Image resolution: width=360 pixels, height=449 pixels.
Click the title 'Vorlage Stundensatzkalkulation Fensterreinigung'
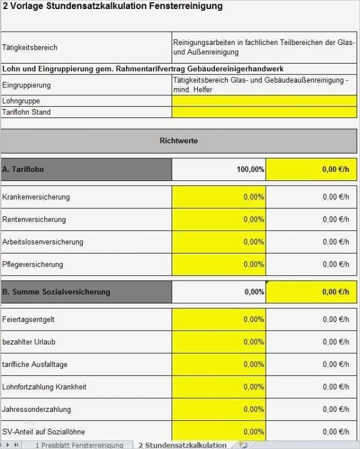[113, 6]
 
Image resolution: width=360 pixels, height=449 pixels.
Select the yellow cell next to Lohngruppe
[264, 101]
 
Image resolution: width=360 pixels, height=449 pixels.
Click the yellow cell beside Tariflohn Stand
[264, 112]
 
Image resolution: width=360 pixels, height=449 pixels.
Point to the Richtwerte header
[179, 141]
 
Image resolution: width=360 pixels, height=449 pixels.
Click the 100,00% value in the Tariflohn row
[250, 170]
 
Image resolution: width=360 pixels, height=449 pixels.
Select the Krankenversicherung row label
[36, 197]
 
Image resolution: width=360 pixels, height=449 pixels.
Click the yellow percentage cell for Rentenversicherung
[219, 219]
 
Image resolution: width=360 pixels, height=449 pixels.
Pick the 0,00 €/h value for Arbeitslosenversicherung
[335, 242]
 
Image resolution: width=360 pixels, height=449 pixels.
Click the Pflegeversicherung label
[32, 264]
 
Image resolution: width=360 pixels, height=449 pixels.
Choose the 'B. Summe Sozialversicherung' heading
[56, 292]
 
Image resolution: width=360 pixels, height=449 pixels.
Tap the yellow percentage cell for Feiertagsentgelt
[219, 320]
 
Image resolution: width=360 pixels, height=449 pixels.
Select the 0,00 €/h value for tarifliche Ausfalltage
[335, 364]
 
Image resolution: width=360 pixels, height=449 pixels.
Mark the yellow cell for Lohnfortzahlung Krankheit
[219, 387]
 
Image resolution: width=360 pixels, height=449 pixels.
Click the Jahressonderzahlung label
[37, 409]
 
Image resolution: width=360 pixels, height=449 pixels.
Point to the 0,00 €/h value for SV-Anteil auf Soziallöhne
[335, 432]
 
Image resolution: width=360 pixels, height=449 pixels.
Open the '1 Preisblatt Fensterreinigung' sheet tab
[79, 445]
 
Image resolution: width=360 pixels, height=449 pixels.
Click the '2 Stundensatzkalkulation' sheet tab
[182, 445]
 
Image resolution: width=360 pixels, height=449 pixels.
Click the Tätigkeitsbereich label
[30, 47]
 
